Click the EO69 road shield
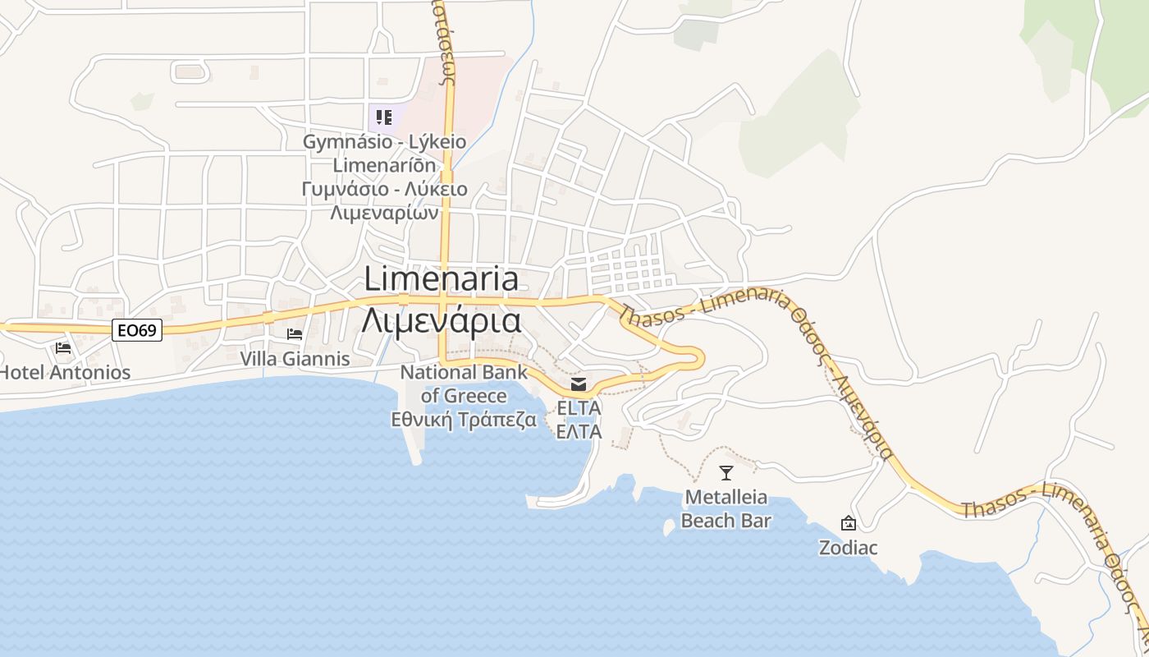[x=137, y=330]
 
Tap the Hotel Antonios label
[x=65, y=372]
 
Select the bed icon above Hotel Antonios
[x=63, y=347]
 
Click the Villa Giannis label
[x=295, y=359]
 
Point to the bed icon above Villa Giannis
[x=295, y=334]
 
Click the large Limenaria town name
[x=442, y=279]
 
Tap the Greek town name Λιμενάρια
[x=442, y=319]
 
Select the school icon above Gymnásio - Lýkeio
[x=384, y=117]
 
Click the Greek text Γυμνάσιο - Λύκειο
[x=384, y=189]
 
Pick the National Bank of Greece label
[x=464, y=384]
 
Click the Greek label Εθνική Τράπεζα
[x=464, y=420]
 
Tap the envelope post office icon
[x=579, y=384]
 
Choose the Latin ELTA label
[x=579, y=407]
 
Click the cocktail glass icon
[x=726, y=473]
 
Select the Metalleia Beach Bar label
[x=726, y=508]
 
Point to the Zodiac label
[x=848, y=547]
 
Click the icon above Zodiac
[x=848, y=523]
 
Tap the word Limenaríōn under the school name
[x=384, y=165]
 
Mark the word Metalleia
[x=726, y=497]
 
